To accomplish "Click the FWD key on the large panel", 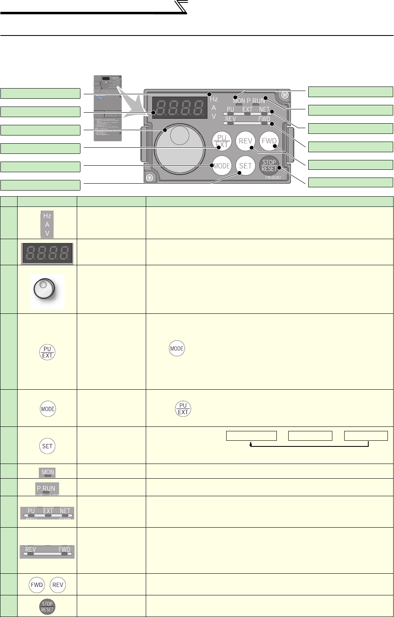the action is coord(269,141).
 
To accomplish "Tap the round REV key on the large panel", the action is coord(245,141).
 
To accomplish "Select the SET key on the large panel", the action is coord(245,166).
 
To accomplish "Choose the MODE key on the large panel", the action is coord(222,166).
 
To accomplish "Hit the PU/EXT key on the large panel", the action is coord(222,141).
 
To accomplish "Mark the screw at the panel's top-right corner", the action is coord(285,95).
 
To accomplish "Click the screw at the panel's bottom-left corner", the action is coord(149,178).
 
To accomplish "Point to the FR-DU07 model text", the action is coord(273,178).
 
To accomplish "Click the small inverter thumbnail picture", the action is coord(108,108).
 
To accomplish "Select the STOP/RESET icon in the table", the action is coord(47,606).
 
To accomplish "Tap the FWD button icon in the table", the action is coord(37,585).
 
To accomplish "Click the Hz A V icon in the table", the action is coord(47,224).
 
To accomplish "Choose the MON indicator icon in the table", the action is coord(48,473).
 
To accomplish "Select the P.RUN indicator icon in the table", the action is coord(47,489).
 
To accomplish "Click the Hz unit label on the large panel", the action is coord(214,99).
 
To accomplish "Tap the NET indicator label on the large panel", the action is coord(265,109).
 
